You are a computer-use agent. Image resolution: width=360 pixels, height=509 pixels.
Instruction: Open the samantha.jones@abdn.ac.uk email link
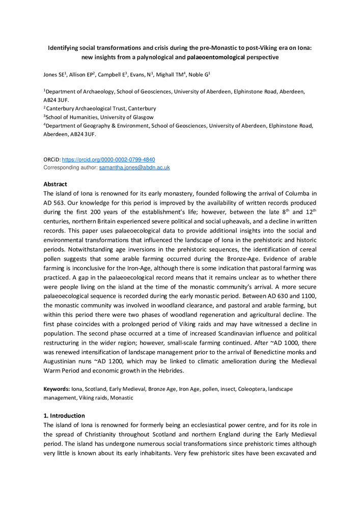tap(134, 167)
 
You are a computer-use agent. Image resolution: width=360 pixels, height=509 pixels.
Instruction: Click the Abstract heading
tap(56, 184)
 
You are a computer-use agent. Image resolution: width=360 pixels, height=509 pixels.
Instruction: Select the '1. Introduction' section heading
tap(64, 416)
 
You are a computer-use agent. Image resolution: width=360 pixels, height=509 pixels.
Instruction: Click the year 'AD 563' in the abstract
tap(52, 203)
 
